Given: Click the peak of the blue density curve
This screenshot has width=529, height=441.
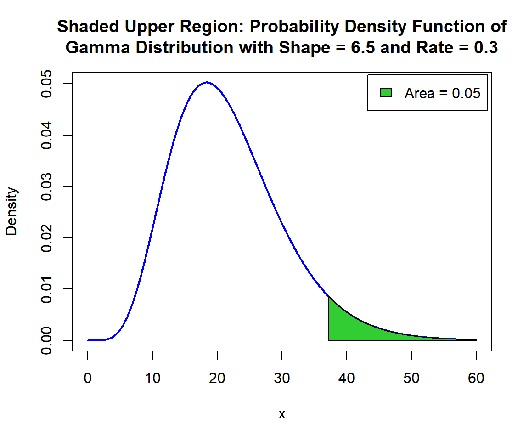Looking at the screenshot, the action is point(207,82).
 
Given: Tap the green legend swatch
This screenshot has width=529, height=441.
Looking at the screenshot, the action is point(386,92).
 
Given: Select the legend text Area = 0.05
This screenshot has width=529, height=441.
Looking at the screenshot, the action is point(442,93).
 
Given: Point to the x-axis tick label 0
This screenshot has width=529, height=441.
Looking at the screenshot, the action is point(88,378).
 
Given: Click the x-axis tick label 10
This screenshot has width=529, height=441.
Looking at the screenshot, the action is point(152,378).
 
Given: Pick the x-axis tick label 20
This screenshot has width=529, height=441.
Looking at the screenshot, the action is point(217,378).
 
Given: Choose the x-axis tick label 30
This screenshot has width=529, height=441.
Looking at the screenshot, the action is point(281,378).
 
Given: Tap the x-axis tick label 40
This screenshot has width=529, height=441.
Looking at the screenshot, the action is point(347,378).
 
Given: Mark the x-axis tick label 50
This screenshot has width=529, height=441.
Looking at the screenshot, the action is point(411,378).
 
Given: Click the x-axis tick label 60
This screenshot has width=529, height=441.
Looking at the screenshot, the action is point(476,378).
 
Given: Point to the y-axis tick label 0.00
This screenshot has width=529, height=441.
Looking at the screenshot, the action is point(46,340).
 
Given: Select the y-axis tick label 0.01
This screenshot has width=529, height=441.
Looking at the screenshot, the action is point(46,289).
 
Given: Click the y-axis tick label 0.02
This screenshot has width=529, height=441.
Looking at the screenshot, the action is point(46,238).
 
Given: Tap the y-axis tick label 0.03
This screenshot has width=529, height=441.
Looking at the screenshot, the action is point(46,187).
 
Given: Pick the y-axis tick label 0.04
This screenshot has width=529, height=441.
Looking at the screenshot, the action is point(46,135).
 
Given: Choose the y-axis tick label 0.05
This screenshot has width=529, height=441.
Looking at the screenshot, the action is point(46,84).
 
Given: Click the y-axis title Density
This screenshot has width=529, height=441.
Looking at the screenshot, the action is point(11,211).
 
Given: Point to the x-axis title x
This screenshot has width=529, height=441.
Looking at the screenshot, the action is point(281,414).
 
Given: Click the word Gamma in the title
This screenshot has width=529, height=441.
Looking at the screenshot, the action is point(98,48).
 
